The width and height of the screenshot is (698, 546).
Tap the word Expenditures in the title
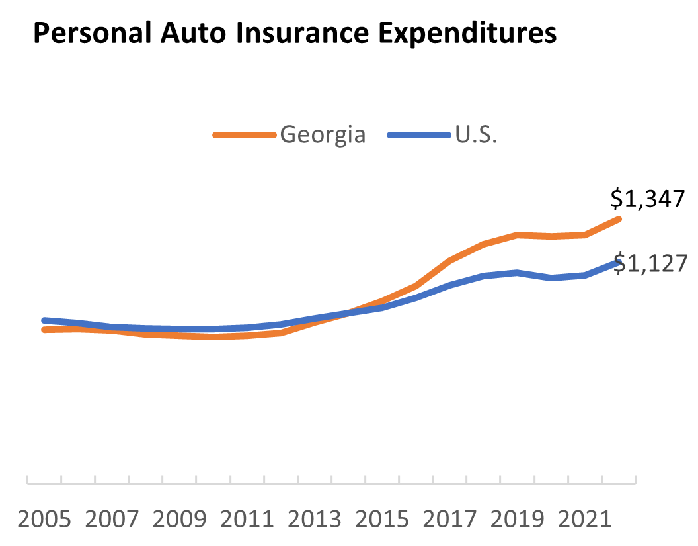[x=471, y=34]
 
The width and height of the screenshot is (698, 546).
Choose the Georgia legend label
[x=323, y=134]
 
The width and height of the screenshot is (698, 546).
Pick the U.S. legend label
[x=477, y=134]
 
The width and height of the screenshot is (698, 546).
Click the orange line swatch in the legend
[x=244, y=135]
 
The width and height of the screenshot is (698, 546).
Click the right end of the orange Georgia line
[x=619, y=218]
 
